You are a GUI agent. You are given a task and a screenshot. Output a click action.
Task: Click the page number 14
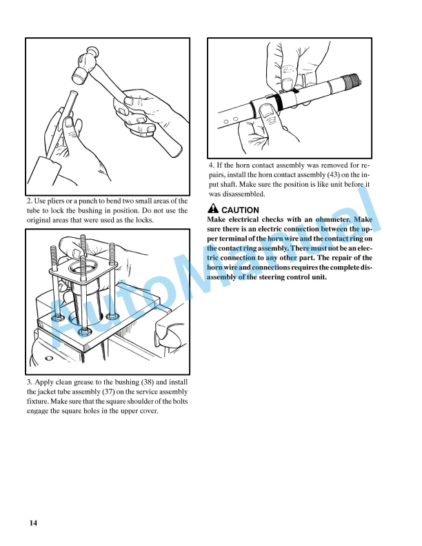[33, 523]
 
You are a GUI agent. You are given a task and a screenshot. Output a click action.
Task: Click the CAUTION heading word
[240, 210]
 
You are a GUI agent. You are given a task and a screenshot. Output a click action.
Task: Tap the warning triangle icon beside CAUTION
[213, 210]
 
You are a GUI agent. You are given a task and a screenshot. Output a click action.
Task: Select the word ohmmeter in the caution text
[335, 219]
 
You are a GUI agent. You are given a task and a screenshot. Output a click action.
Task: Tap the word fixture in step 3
[41, 401]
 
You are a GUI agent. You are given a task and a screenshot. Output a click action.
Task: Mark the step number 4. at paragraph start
[212, 165]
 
